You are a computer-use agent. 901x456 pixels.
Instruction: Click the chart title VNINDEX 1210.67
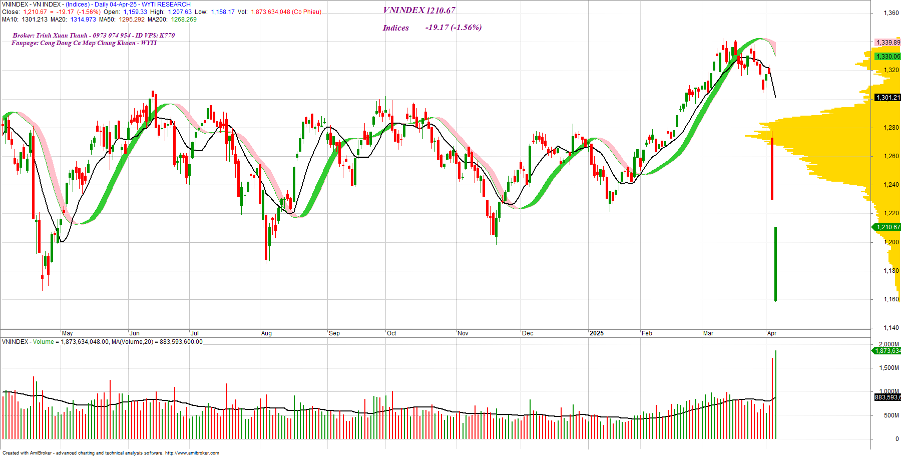(419, 11)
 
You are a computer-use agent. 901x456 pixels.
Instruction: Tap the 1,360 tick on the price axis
(891, 13)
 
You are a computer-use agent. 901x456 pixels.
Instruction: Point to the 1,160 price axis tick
(891, 299)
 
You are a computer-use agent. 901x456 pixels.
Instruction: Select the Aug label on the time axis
(266, 333)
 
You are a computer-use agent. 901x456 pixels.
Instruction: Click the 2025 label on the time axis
(596, 333)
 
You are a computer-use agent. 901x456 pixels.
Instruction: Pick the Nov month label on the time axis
(463, 333)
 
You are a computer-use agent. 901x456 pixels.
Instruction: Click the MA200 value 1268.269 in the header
(184, 20)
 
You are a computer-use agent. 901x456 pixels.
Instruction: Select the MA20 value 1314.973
(83, 20)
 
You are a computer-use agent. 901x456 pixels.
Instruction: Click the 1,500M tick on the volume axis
(889, 368)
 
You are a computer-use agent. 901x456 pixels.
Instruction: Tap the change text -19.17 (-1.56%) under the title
(454, 28)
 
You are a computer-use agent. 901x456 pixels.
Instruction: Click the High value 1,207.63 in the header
(179, 12)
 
